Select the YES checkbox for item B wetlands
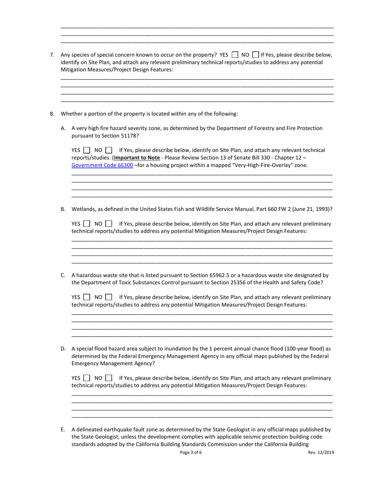(87, 224)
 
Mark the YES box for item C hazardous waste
(87, 297)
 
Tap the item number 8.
(52, 114)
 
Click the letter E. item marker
(63, 430)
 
